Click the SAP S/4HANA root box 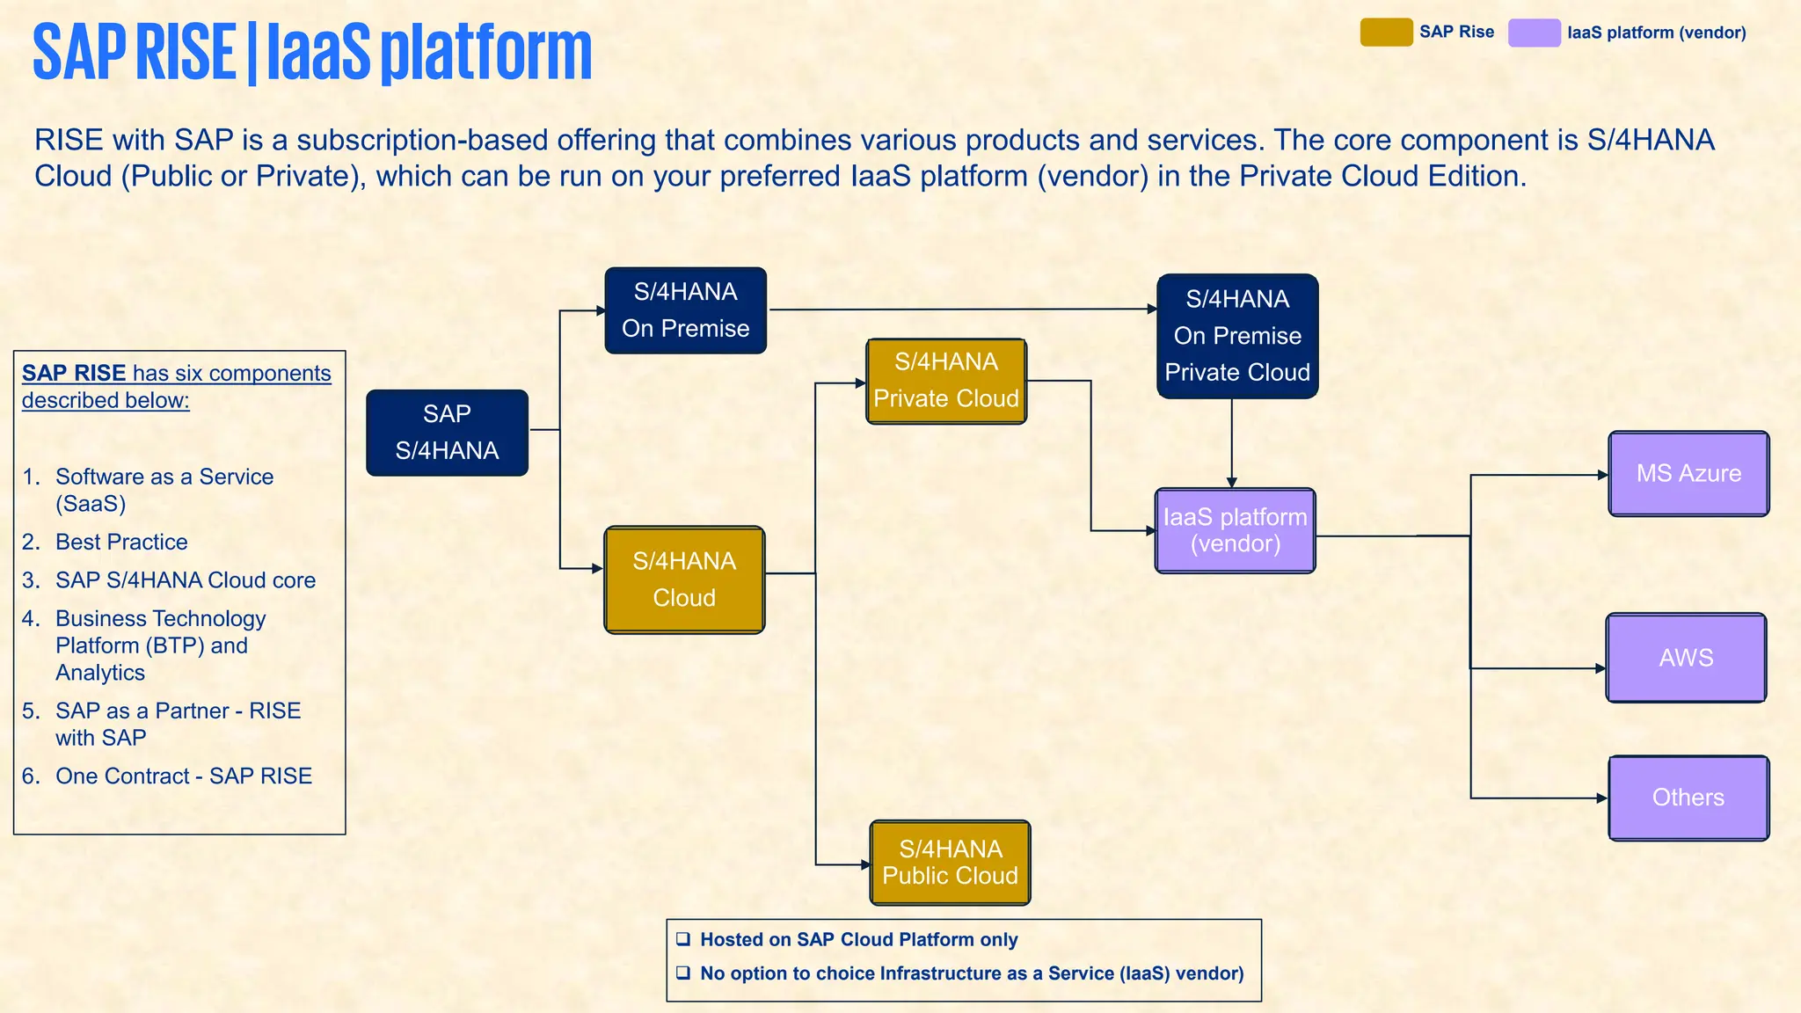click(447, 433)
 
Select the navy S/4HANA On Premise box click(685, 310)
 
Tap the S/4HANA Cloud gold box click(684, 579)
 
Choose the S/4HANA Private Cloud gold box click(946, 381)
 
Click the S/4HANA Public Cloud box click(950, 863)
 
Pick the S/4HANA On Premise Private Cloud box click(1237, 336)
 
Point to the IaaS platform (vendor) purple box click(1235, 530)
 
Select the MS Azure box click(1688, 473)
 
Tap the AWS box click(1686, 658)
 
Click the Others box click(1688, 798)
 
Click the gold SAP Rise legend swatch click(1386, 33)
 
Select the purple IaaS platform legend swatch click(1534, 33)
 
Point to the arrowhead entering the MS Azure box click(1603, 475)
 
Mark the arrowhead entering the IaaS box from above click(1231, 482)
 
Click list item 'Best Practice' click(121, 542)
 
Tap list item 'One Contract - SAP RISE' click(184, 776)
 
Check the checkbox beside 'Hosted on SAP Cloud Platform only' click(683, 939)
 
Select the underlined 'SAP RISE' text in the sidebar click(74, 373)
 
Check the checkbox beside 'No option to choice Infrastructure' click(683, 973)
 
